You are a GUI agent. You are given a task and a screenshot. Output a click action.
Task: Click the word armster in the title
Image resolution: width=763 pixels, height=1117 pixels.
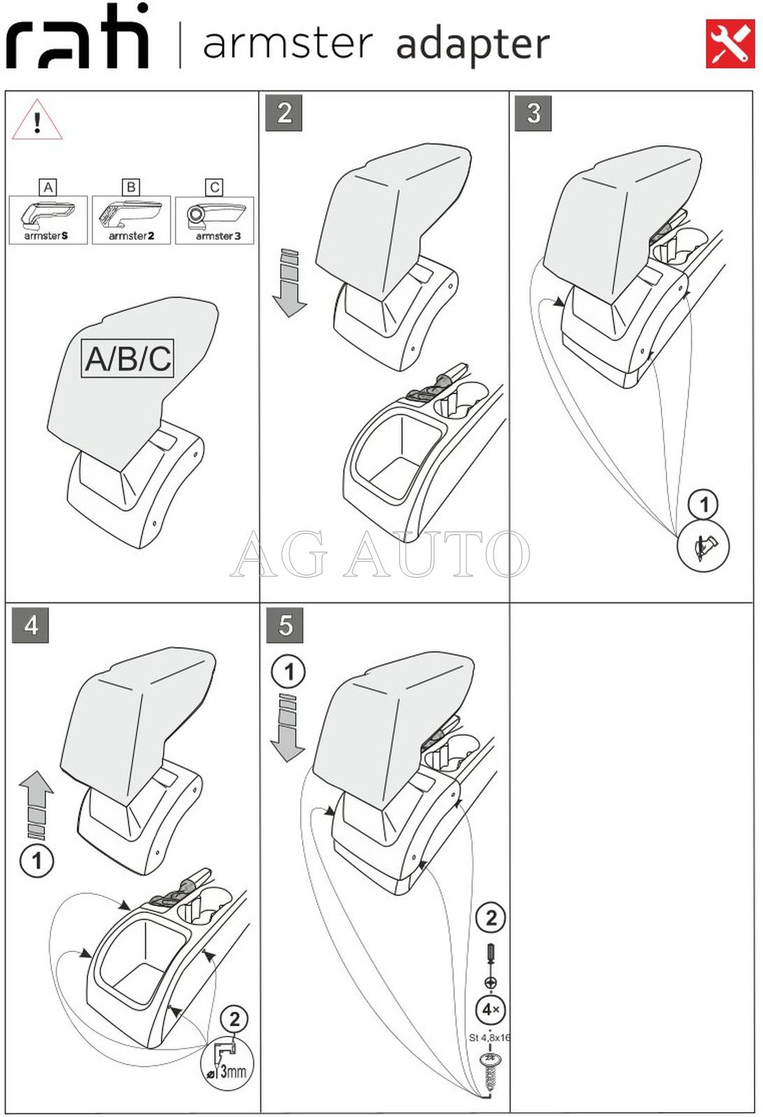tap(287, 43)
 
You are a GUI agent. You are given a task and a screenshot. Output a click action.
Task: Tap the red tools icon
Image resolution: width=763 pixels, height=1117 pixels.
tap(729, 44)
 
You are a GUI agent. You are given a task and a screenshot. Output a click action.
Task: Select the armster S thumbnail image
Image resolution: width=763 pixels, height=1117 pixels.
tap(48, 220)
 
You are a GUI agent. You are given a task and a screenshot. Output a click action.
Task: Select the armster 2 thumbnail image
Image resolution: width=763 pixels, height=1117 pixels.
tap(131, 220)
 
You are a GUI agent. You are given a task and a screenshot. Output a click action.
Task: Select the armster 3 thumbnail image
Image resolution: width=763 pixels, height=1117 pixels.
tap(215, 220)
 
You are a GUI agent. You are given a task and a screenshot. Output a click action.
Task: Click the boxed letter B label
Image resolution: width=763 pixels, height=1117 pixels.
tap(131, 187)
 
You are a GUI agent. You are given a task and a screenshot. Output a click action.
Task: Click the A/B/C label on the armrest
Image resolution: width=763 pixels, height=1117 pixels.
tap(127, 359)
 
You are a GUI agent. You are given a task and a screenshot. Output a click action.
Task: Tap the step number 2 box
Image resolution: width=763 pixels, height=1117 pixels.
tap(284, 113)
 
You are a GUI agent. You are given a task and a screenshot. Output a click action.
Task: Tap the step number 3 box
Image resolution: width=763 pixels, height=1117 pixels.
tap(533, 113)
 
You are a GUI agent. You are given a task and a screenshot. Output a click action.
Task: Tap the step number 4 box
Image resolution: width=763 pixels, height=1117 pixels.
tap(31, 625)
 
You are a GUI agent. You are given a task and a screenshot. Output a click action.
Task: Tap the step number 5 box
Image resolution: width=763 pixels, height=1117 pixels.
tap(285, 625)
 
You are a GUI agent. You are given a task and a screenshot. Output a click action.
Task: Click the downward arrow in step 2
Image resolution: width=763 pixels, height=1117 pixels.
tap(289, 283)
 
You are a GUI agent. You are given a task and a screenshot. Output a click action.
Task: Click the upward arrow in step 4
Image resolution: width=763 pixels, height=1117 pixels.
tap(36, 804)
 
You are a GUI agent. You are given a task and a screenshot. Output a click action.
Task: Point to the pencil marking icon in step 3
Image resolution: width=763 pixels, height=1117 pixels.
tap(704, 546)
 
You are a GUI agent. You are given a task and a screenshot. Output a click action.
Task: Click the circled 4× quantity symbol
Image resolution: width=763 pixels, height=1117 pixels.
tap(491, 1009)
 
